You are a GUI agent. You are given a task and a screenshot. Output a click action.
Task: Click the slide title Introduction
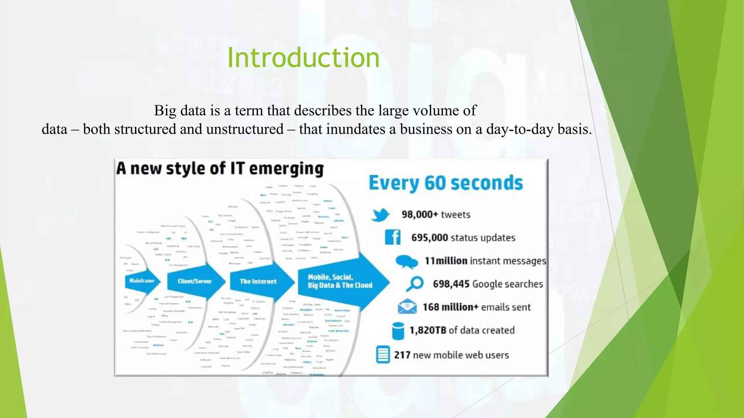pos(303,58)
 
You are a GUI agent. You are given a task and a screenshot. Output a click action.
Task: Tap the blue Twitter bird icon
pos(380,215)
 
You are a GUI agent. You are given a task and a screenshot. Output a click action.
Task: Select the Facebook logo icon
pos(393,237)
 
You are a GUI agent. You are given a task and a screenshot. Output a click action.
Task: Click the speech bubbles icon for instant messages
pos(406,261)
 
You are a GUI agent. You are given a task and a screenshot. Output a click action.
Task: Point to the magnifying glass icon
pos(415,284)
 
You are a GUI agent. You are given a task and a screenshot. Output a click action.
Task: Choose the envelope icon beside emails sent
pos(407,307)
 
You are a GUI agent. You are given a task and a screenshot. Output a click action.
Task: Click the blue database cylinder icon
pos(398,331)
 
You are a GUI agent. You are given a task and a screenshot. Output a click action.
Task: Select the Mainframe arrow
pos(142,281)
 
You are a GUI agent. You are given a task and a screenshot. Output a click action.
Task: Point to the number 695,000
pos(429,238)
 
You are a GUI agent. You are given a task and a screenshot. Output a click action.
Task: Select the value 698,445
pos(451,284)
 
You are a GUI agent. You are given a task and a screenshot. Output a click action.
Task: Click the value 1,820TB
pos(428,330)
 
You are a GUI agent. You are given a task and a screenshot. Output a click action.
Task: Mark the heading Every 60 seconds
pos(446,183)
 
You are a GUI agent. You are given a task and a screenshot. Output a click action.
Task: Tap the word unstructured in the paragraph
pos(245,129)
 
